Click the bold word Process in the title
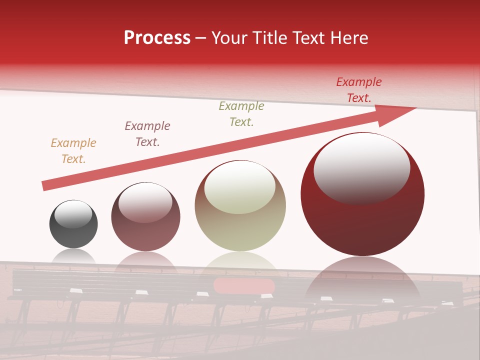157,38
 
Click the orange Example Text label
73,151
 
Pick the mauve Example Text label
147,134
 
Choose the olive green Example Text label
241,114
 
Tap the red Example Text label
359,90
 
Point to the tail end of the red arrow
45,186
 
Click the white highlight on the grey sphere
73,214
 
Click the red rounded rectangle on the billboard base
244,286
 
